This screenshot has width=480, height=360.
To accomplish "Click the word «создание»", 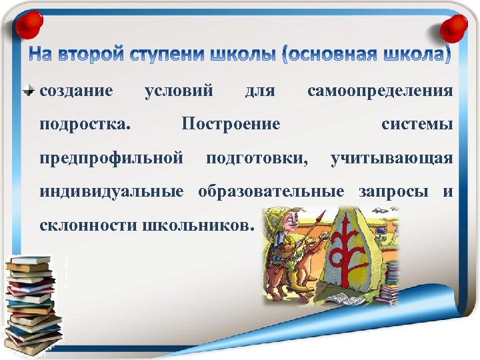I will (77, 89).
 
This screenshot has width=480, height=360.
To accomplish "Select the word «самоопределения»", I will (380, 89).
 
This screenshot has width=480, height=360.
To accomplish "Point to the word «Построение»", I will (231, 124).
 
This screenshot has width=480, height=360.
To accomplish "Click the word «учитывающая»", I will (392, 158).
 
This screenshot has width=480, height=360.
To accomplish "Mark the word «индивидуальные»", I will (111, 192).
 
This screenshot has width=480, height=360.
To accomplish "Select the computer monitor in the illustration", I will (381, 234).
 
